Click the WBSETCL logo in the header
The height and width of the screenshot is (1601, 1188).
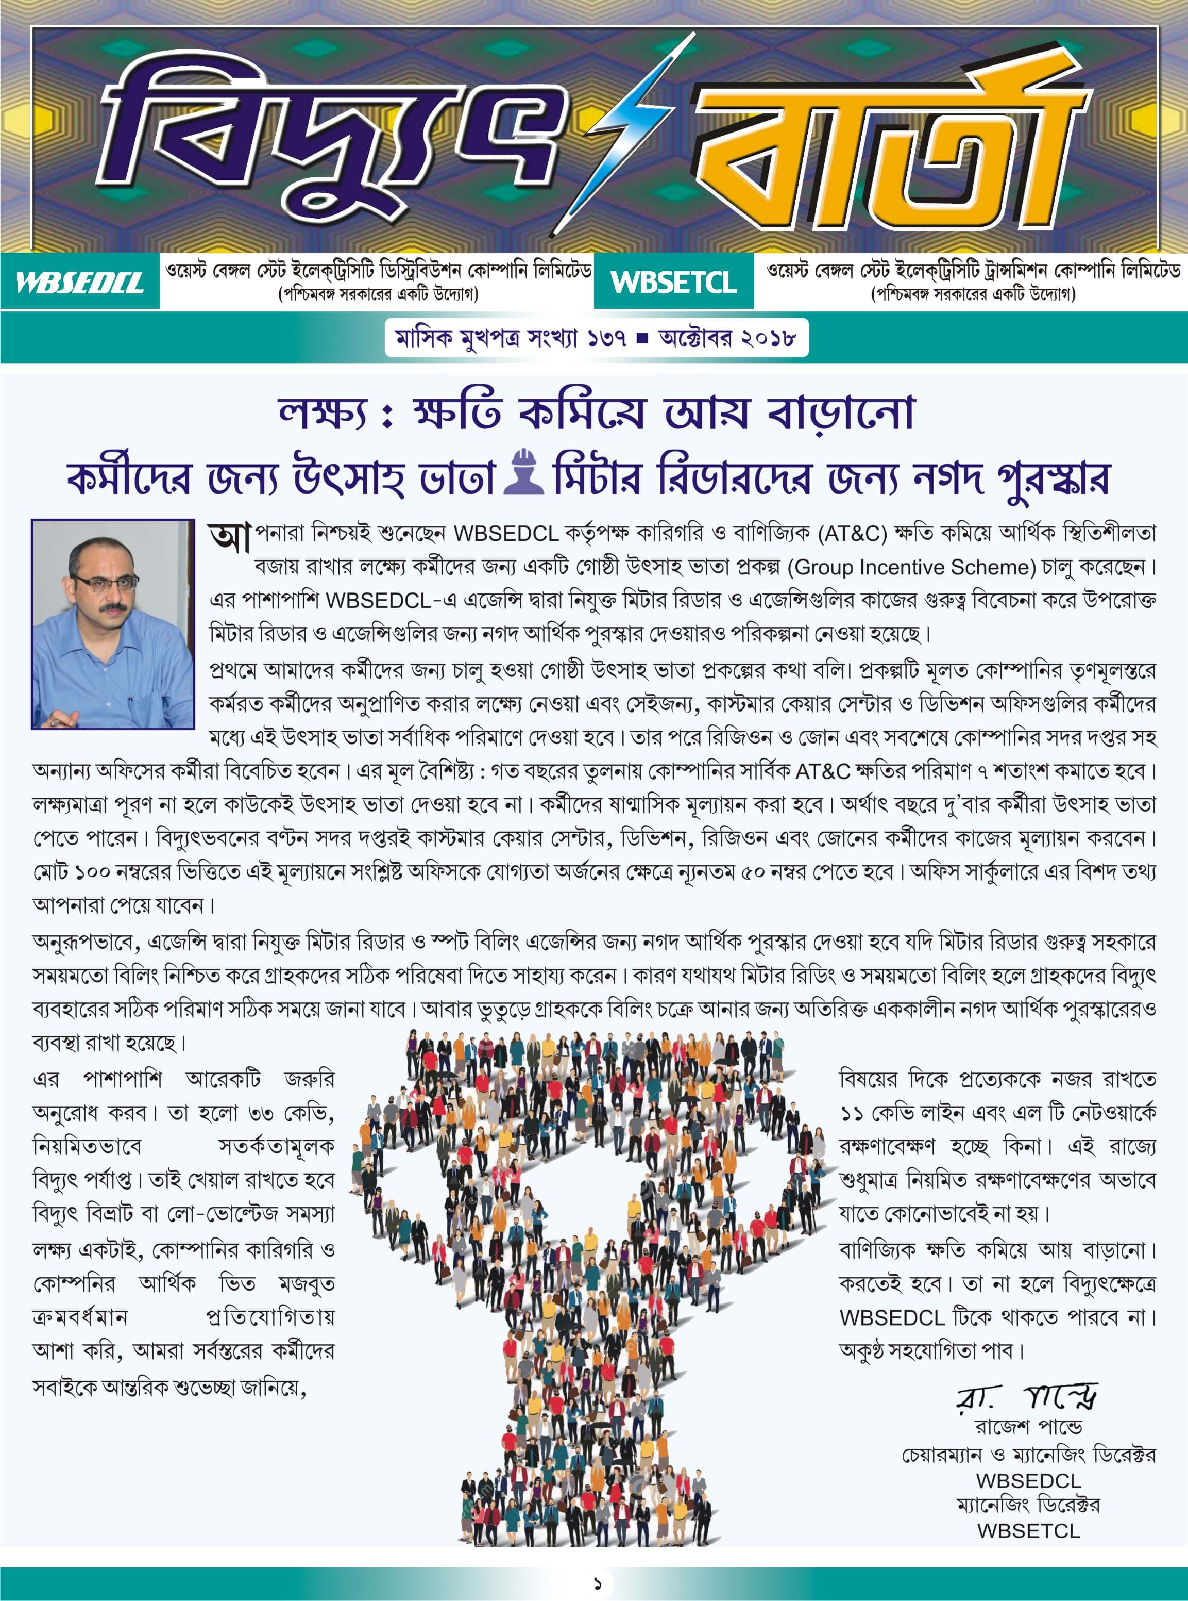pyautogui.click(x=674, y=282)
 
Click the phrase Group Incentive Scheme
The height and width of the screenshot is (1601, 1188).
pyautogui.click(x=911, y=567)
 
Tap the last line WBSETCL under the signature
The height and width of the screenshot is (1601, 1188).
pyautogui.click(x=1028, y=1530)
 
